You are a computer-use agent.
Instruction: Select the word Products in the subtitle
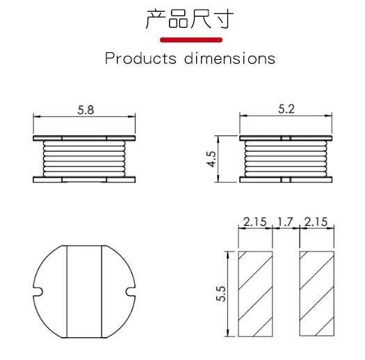[x=141, y=58]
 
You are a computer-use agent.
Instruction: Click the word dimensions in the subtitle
[x=230, y=58]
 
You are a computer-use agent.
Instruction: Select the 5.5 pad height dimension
[x=221, y=293]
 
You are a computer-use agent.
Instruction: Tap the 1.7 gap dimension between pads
[x=286, y=222]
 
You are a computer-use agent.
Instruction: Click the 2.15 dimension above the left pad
[x=254, y=222]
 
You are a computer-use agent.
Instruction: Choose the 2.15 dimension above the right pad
[x=316, y=222]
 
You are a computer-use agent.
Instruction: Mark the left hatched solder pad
[x=255, y=293]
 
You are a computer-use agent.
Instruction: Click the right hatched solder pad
[x=317, y=293]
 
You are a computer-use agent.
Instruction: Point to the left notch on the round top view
[x=39, y=291]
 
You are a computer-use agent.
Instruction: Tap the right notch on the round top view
[x=129, y=291]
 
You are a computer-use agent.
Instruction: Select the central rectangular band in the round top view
[x=84, y=292]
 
